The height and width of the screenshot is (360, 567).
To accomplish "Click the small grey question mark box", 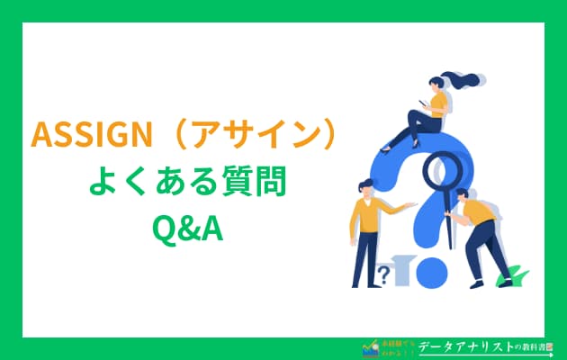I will (385, 273).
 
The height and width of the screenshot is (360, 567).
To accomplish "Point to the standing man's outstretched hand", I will (414, 205).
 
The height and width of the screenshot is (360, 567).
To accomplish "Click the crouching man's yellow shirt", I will (478, 212).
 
